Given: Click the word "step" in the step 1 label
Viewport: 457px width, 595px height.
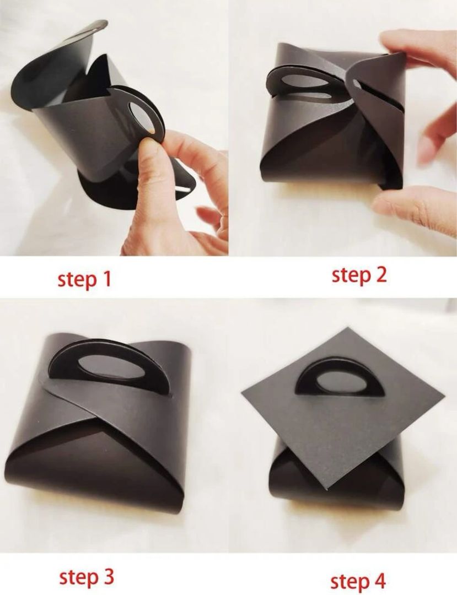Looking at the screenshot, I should [78, 280].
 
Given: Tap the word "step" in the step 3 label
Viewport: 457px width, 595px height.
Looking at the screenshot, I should [79, 578].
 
